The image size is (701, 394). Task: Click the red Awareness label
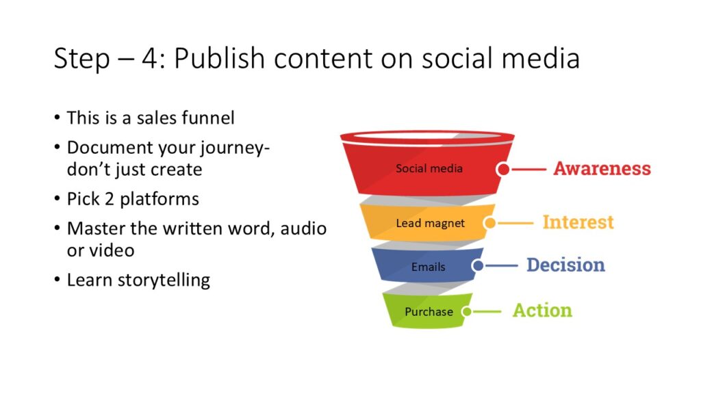602,168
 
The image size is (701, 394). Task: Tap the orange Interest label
578,222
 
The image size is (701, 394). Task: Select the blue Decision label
565,265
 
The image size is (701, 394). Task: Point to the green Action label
542,310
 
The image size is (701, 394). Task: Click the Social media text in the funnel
429,168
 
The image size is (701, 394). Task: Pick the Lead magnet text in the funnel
430,223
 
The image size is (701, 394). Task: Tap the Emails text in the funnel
429,267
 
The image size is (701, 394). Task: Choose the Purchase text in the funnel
429,311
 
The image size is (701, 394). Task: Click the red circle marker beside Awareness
503,170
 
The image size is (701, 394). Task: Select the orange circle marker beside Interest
490,223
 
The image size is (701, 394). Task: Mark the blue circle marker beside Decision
477,266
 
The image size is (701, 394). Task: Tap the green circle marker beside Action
467,311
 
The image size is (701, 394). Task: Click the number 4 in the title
149,59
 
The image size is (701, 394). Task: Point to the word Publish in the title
220,59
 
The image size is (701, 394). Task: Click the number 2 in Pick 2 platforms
109,199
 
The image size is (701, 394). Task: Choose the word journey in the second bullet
233,148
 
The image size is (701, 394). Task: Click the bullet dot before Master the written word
57,228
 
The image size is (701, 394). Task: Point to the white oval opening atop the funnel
427,135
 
